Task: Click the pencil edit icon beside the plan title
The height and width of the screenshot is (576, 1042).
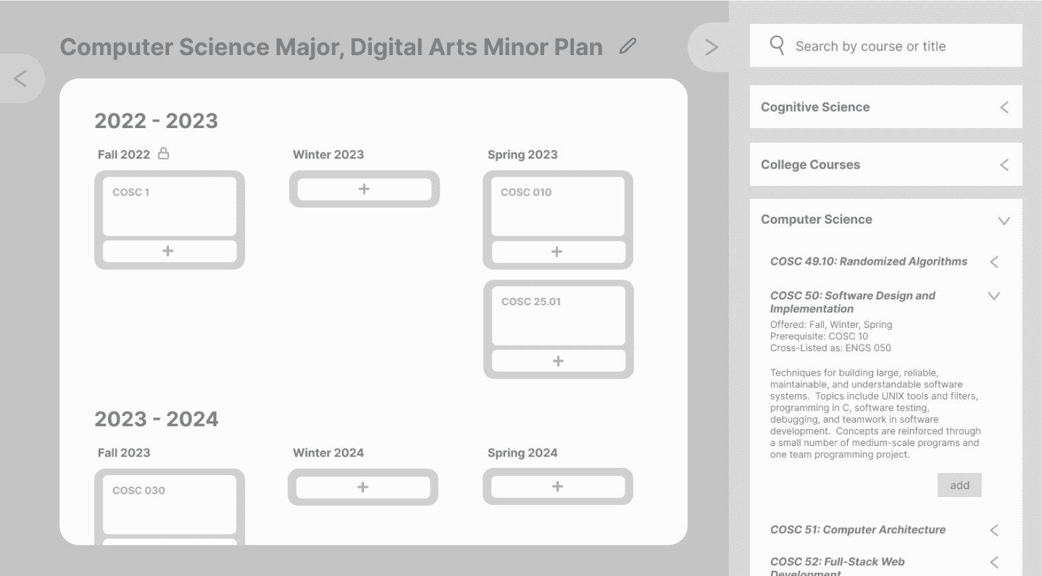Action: (628, 46)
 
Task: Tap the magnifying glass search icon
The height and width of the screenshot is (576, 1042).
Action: (778, 46)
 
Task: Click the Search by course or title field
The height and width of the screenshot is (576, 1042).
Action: (886, 46)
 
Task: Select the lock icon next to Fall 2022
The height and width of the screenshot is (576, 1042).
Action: (163, 153)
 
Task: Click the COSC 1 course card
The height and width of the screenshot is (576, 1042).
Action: (169, 206)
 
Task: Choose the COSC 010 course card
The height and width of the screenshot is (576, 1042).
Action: (557, 206)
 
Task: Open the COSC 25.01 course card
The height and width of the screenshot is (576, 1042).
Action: (558, 316)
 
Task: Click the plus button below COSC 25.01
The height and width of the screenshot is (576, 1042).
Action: (558, 361)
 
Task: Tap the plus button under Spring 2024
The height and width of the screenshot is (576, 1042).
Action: (557, 486)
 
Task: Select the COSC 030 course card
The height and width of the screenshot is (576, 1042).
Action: (169, 504)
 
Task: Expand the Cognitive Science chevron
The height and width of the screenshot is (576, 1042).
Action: (1004, 108)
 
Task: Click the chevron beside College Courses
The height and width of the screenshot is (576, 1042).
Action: (1004, 165)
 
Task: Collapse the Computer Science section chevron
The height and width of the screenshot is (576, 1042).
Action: (1004, 221)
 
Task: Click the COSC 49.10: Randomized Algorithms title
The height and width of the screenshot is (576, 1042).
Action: (868, 261)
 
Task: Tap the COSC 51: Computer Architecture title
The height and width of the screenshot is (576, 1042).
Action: (858, 530)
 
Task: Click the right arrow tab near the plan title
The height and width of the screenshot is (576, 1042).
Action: (711, 47)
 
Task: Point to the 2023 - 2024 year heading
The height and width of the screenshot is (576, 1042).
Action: (156, 419)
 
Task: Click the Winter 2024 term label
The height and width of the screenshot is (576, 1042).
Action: (328, 453)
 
